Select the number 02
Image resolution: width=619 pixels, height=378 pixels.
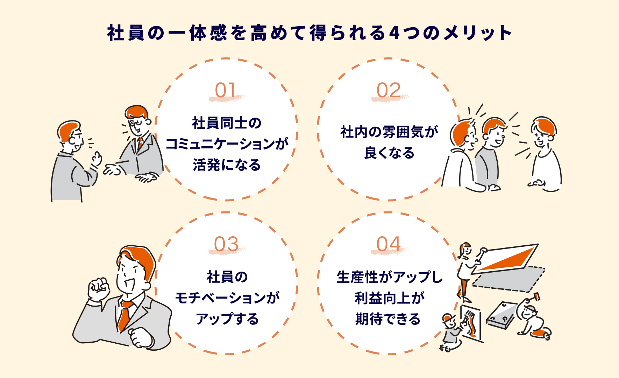point(389,90)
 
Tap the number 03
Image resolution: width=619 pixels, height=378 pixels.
point(226,244)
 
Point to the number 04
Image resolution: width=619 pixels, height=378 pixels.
point(388,244)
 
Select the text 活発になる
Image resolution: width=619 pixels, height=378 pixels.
point(227,165)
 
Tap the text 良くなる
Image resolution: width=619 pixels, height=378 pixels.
point(389,153)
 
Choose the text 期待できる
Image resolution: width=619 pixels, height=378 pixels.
point(388,319)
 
